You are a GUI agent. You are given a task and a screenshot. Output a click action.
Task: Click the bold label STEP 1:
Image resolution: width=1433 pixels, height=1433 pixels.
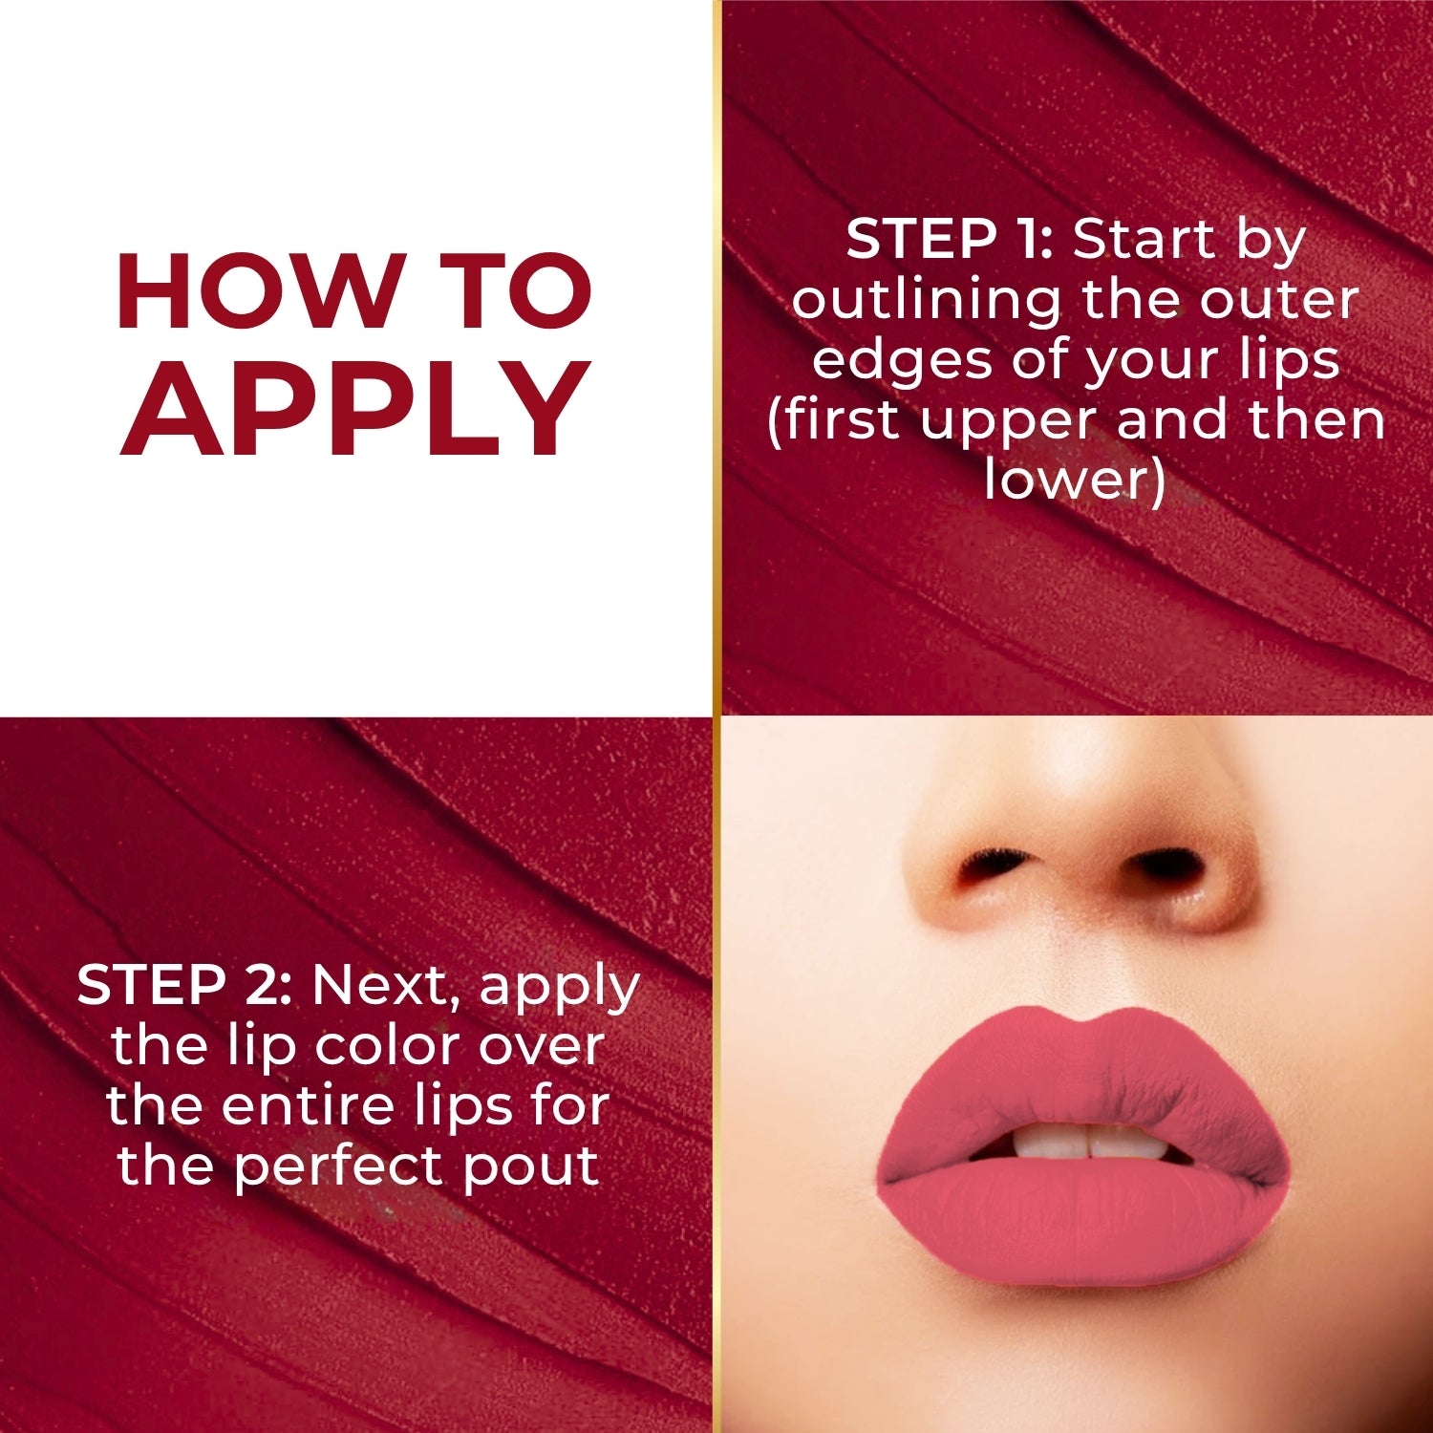[949, 239]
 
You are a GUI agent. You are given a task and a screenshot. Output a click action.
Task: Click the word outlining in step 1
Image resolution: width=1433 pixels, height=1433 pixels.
[926, 301]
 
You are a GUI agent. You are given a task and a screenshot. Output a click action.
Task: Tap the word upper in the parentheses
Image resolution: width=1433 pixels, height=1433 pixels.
[1011, 420]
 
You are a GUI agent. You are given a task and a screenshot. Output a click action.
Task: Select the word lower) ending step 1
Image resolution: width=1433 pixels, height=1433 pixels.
[1076, 480]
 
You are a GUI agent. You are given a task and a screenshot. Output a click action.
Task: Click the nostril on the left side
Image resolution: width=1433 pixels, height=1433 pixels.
[989, 866]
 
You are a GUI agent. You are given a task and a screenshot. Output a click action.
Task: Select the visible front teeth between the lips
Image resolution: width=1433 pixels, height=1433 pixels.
[1080, 1141]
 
